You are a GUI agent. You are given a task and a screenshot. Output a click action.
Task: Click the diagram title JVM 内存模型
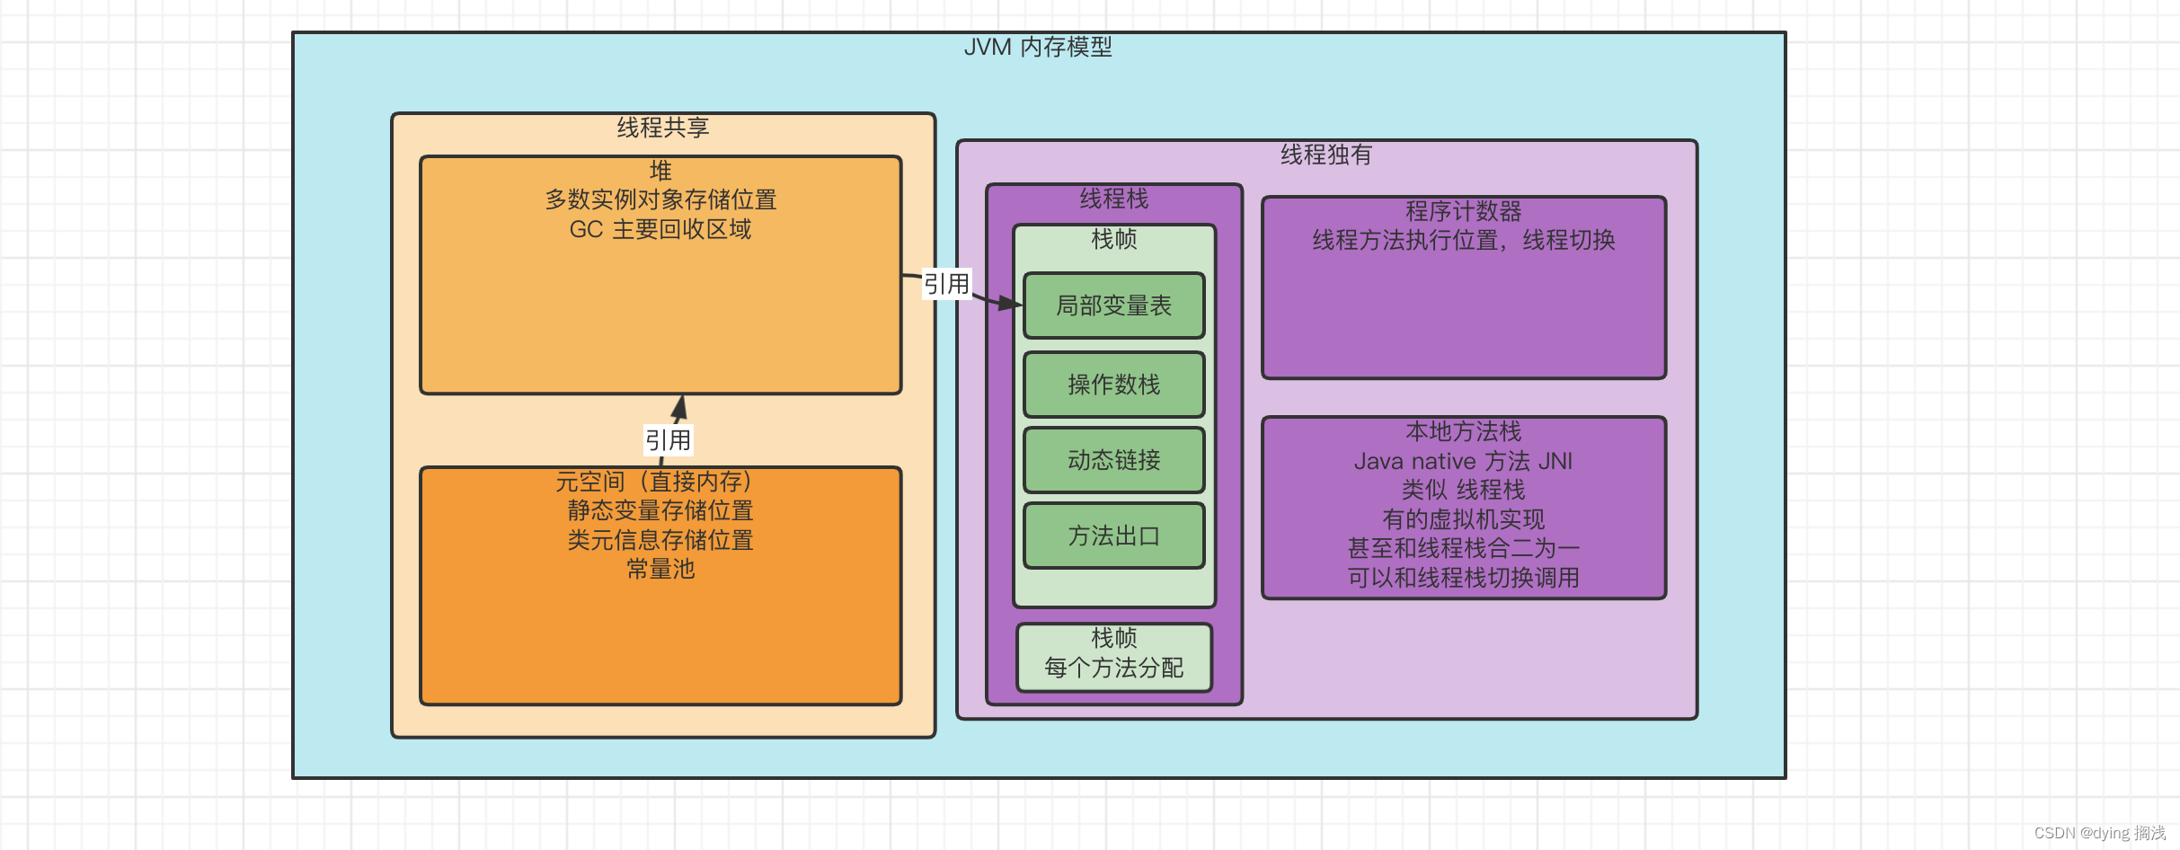pyautogui.click(x=1038, y=47)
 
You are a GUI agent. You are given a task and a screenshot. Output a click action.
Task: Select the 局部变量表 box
pyautogui.click(x=1113, y=305)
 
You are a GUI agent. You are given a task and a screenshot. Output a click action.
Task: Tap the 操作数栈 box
pyautogui.click(x=1113, y=385)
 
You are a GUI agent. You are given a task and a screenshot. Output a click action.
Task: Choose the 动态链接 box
pyautogui.click(x=1113, y=460)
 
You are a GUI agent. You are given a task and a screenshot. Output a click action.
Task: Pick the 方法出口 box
pyautogui.click(x=1113, y=536)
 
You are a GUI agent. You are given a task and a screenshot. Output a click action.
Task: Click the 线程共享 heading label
pyautogui.click(x=663, y=128)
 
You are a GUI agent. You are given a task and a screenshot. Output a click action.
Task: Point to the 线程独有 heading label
pyautogui.click(x=1325, y=155)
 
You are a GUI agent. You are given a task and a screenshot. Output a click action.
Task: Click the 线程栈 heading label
pyautogui.click(x=1113, y=199)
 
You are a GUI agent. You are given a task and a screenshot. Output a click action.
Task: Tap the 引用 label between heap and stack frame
pyautogui.click(x=946, y=284)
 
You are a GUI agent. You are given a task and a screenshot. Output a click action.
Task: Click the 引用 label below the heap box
pyautogui.click(x=668, y=440)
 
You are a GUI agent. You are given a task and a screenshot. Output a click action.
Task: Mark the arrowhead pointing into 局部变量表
pyautogui.click(x=1013, y=304)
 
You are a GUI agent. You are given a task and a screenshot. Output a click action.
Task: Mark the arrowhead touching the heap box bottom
pyautogui.click(x=680, y=405)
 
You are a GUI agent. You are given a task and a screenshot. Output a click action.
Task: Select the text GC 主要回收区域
pyautogui.click(x=660, y=229)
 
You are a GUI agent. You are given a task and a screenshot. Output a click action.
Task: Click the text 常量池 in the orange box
pyautogui.click(x=660, y=569)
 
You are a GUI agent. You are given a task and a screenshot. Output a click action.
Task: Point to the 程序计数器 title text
pyautogui.click(x=1463, y=211)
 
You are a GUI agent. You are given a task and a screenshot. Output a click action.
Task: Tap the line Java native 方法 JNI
pyautogui.click(x=1463, y=461)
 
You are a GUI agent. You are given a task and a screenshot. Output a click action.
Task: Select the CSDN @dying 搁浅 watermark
pyautogui.click(x=2099, y=833)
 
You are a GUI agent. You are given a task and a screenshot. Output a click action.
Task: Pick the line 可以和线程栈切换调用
pyautogui.click(x=1463, y=578)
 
